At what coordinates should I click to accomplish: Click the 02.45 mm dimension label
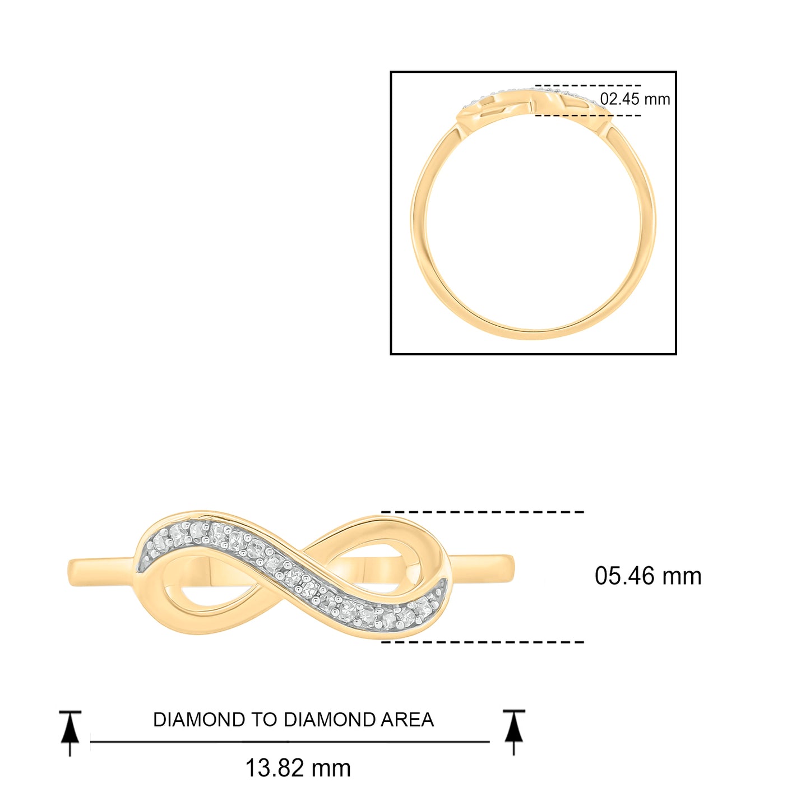click(635, 100)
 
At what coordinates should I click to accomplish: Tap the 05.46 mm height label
click(648, 576)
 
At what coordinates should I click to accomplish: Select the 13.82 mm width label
click(298, 768)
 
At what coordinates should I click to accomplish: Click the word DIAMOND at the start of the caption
click(199, 720)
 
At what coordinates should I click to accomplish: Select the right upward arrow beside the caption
click(513, 732)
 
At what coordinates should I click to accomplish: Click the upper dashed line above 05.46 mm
click(483, 512)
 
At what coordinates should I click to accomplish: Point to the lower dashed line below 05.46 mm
click(483, 642)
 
